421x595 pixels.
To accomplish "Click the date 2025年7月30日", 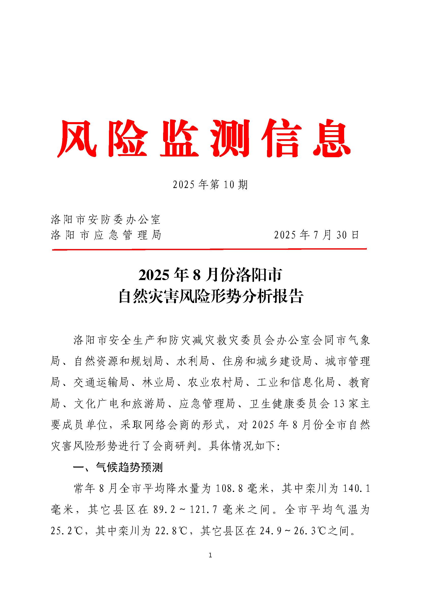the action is [x=316, y=235].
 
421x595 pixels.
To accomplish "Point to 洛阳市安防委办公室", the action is [x=106, y=220].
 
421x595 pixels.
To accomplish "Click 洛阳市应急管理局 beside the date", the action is [x=106, y=235].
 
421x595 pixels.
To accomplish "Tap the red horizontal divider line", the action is [x=209, y=250].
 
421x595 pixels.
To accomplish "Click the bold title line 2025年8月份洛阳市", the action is [x=210, y=275].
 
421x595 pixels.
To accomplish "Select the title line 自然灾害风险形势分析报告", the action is [x=210, y=297].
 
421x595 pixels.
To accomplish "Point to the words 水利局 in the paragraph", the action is [x=192, y=361].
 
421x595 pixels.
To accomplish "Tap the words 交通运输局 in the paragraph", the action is [x=101, y=383].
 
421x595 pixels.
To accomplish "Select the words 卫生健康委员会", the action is [x=289, y=404].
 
